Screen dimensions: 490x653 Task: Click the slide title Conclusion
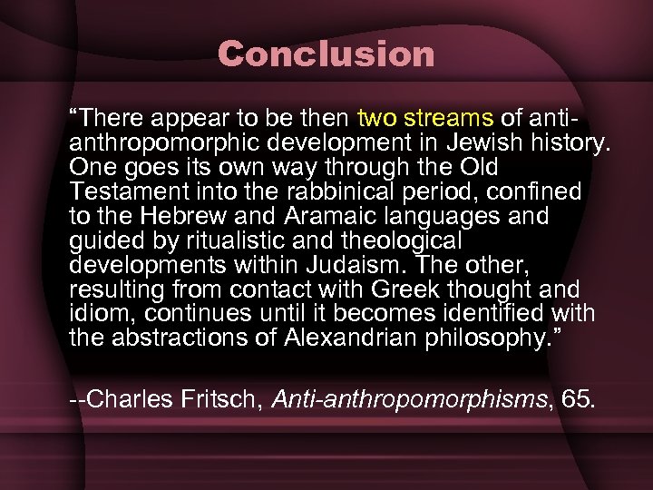click(x=326, y=54)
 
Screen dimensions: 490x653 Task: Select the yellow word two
click(x=379, y=118)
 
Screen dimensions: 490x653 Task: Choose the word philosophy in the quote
click(x=487, y=339)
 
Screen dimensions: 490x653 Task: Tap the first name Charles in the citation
click(x=127, y=400)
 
